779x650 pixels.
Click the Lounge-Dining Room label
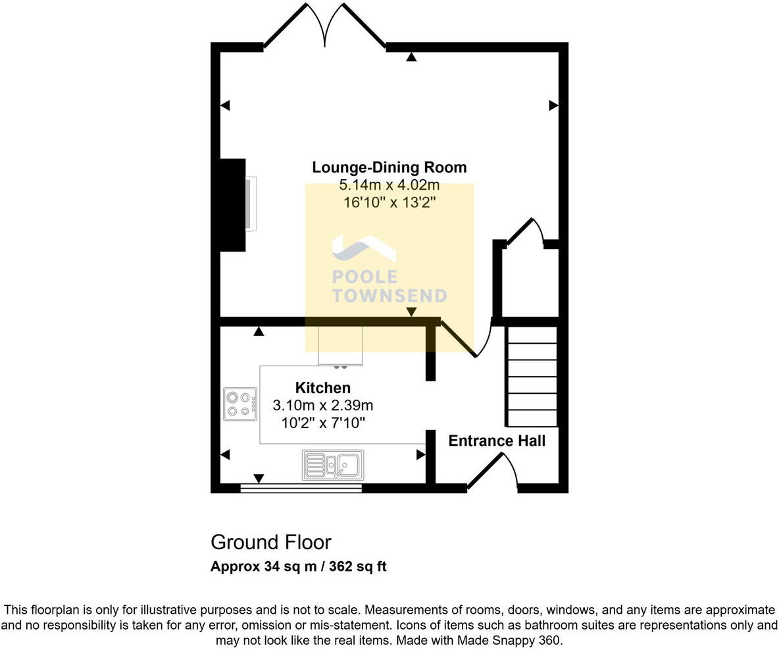tap(389, 167)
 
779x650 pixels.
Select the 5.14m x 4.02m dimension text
tap(389, 185)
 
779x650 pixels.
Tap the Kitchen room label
tap(322, 388)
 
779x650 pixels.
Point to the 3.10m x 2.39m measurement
tap(322, 405)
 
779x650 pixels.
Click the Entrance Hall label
tap(497, 441)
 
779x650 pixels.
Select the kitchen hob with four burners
tap(239, 404)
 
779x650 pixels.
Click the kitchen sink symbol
tap(333, 465)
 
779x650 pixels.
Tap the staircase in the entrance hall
tap(531, 377)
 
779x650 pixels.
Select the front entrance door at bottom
tap(492, 473)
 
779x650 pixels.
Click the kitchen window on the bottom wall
tap(301, 488)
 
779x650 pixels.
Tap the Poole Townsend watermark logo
tap(388, 270)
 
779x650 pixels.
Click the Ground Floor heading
tap(270, 542)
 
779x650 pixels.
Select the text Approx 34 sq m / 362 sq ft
tap(298, 566)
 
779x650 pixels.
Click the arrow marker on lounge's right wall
tap(553, 105)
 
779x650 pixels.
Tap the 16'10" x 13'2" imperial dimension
tap(389, 203)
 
